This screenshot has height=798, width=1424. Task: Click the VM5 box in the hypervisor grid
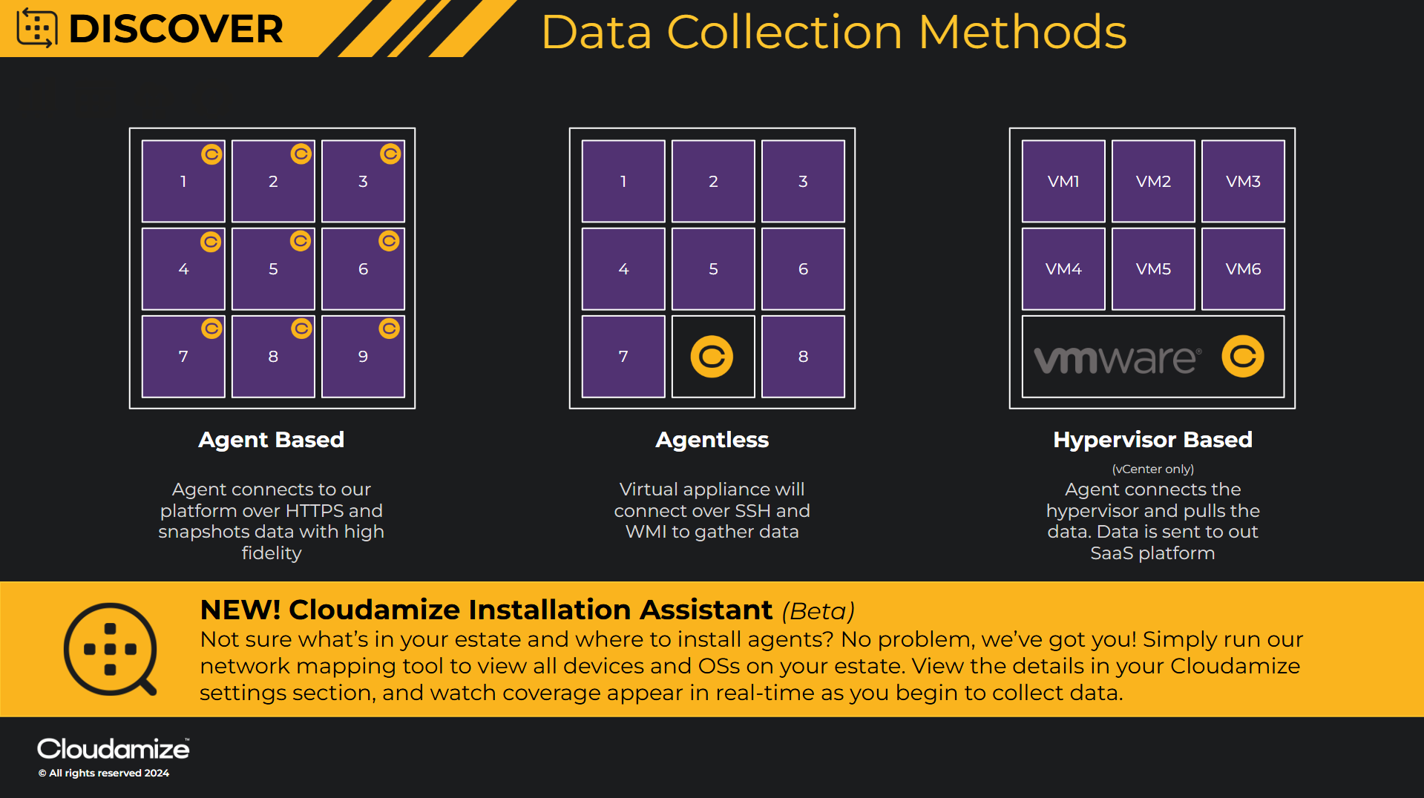(x=1153, y=268)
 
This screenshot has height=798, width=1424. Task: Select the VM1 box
(x=1063, y=181)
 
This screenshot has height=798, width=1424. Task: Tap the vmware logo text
(x=1117, y=359)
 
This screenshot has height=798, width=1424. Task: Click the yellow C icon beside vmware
(x=1243, y=357)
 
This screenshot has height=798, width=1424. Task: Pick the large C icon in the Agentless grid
(x=712, y=357)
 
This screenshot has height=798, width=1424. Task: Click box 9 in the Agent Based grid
(x=363, y=357)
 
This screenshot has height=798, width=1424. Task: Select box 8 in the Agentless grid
(x=803, y=357)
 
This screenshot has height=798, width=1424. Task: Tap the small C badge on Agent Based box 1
(x=211, y=154)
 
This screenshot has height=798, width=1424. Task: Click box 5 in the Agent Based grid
(x=273, y=268)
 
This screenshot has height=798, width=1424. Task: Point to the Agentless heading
(x=712, y=440)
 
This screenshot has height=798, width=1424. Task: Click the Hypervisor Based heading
(x=1152, y=440)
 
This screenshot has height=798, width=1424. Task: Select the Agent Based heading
(x=271, y=440)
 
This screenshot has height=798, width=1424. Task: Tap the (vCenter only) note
(x=1152, y=469)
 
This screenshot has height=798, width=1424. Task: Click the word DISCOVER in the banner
(x=176, y=29)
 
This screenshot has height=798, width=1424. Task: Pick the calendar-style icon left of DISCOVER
(x=37, y=28)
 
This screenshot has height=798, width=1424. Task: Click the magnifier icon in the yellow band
(x=111, y=650)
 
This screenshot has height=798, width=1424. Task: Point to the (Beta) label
(x=818, y=611)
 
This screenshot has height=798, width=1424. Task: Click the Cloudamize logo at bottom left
(x=113, y=749)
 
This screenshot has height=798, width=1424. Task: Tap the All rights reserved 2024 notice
(x=104, y=773)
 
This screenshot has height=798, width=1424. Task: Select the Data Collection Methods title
(x=833, y=32)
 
